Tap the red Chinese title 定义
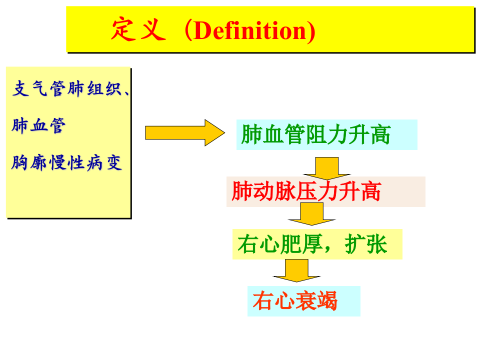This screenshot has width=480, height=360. click(x=138, y=30)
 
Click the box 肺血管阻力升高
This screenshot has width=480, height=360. click(x=326, y=134)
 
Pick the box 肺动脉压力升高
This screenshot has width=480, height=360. click(x=325, y=191)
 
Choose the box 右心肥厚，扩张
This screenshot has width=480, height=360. click(x=317, y=244)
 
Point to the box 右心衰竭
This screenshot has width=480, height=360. click(x=303, y=301)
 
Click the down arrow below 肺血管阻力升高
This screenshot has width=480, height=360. click(x=327, y=167)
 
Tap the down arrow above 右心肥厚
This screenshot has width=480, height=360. click(x=311, y=213)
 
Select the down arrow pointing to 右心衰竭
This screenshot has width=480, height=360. click(x=296, y=270)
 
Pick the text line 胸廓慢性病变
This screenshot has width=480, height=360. click(x=66, y=163)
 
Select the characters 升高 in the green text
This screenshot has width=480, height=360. click(x=370, y=135)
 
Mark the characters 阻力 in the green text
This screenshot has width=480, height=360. click(x=326, y=135)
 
